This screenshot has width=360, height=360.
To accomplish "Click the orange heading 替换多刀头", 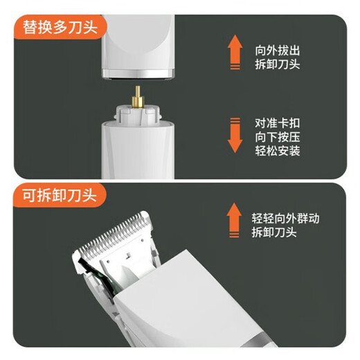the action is (60, 28).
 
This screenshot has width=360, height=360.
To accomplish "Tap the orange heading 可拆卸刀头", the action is (60, 196).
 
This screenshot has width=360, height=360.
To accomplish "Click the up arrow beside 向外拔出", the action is (235, 52).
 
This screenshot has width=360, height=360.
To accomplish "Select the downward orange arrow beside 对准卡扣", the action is (235, 135).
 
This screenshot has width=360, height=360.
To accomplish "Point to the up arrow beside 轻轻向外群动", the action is (234, 220).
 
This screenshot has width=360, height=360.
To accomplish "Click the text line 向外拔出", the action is (278, 51).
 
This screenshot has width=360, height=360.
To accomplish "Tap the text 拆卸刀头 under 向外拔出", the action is (278, 64).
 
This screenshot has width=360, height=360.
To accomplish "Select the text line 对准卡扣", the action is (278, 123).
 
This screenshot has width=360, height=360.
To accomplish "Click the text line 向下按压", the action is (278, 137).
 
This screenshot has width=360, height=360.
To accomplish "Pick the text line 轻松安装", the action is (278, 151).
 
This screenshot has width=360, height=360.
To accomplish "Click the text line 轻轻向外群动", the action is (285, 218).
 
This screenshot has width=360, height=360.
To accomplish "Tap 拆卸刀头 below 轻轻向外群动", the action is (274, 232).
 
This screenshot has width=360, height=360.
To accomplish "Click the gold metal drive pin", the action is (138, 97).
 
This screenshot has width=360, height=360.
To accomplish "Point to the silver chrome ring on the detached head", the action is (138, 74).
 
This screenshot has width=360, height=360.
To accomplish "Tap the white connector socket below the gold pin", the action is (138, 115).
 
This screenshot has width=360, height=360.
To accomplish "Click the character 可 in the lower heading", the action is (30, 196).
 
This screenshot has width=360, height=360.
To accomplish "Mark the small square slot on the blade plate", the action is (128, 255).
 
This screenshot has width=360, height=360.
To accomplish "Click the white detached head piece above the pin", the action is (138, 46).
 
